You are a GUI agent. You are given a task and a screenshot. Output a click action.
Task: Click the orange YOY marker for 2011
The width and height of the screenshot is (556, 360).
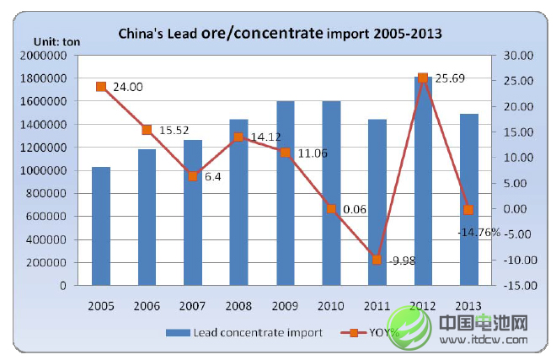click(377, 260)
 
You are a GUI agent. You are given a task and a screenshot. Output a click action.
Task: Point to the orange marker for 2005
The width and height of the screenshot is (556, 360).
click(101, 86)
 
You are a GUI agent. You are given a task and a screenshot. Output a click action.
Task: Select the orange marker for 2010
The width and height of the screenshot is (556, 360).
click(331, 208)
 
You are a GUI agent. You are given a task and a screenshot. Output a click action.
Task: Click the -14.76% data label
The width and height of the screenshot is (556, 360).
click(478, 231)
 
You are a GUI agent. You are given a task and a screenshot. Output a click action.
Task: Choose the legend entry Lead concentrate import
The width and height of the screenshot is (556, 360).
click(243, 332)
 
